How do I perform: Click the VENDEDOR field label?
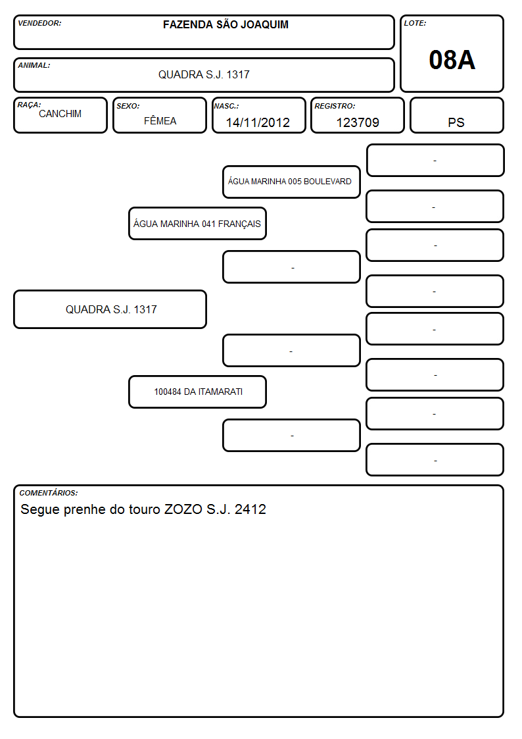pos(39,23)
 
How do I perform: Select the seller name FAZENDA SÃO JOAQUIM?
pos(225,24)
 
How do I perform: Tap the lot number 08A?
pos(452,60)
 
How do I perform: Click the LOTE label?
pos(415,23)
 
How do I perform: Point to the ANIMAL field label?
pos(34,66)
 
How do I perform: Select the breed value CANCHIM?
pos(60,114)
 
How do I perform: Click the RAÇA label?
pos(29,105)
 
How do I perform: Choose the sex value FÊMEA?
pos(160,120)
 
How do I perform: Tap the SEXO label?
pos(128,107)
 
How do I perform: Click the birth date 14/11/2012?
pos(258,122)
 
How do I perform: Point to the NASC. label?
pos(226,107)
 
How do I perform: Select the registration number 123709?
pos(358,122)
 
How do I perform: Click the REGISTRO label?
pos(335,107)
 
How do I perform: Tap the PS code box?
pos(456,115)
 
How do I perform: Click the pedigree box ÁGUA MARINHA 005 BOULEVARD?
pos(291,182)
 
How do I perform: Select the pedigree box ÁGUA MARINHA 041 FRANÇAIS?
pos(197,224)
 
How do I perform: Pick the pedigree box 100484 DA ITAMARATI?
pos(197,392)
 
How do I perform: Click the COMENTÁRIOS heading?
pos(49,493)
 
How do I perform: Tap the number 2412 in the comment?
pos(250,509)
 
